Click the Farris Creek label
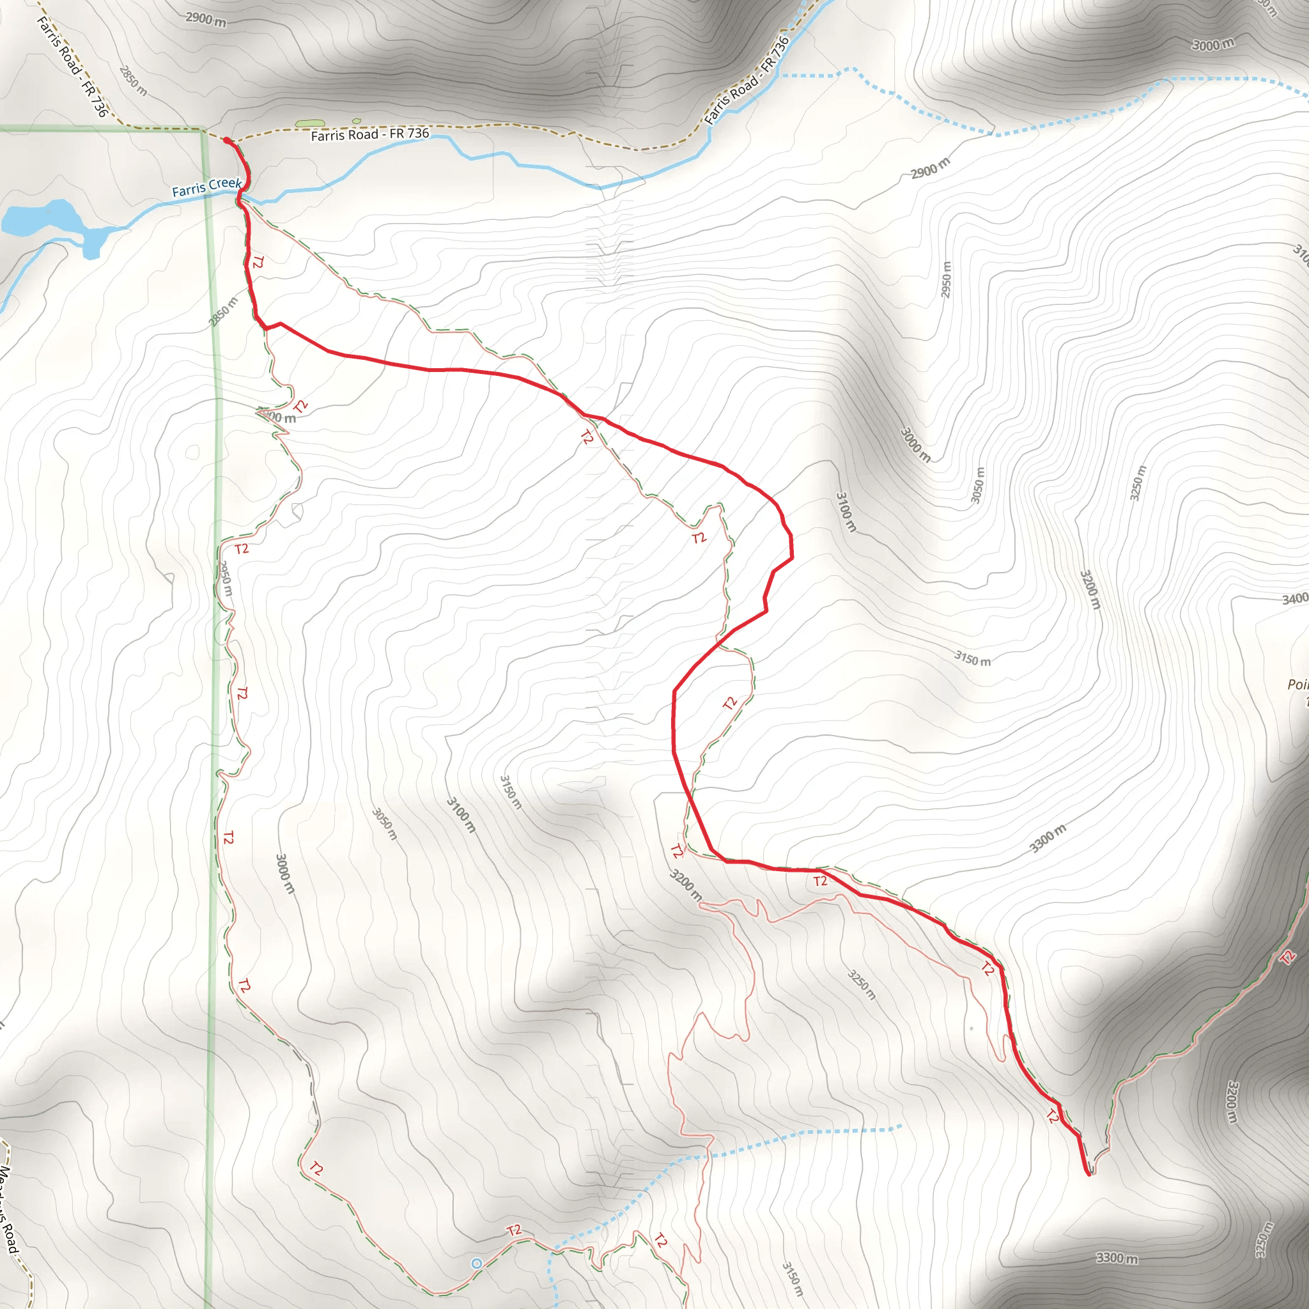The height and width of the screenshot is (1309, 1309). (x=206, y=187)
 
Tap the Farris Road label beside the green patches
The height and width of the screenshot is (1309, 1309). (x=370, y=134)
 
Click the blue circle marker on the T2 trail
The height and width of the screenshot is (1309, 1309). (x=476, y=1264)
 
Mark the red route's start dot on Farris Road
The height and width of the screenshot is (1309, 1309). (x=226, y=140)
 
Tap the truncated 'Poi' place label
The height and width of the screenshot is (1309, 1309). (x=1297, y=685)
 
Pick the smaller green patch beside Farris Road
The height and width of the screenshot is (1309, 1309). (x=357, y=121)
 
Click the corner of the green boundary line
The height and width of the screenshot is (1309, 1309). (x=204, y=128)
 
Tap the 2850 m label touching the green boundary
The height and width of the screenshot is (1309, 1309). (x=224, y=312)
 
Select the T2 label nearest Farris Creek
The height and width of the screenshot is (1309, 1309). (x=258, y=262)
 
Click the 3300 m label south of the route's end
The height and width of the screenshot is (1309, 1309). (x=1117, y=1258)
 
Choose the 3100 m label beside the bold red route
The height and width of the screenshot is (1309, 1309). (x=846, y=512)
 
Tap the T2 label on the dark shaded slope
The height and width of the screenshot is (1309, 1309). (x=1287, y=957)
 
